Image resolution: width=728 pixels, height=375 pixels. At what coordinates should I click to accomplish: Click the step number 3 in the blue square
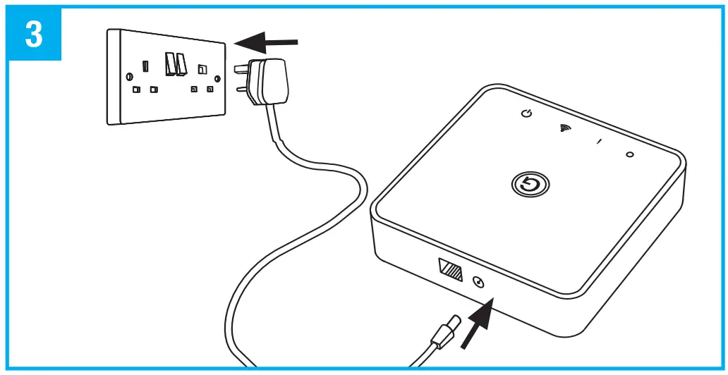pyautogui.click(x=34, y=34)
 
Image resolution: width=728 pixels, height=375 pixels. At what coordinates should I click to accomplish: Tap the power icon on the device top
pyautogui.click(x=526, y=113)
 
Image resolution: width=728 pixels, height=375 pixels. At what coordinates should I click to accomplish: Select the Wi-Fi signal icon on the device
pyautogui.click(x=565, y=128)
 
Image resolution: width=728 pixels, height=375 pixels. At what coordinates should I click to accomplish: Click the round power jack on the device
pyautogui.click(x=479, y=283)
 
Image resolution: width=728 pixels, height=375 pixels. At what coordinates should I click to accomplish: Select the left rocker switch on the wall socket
pyautogui.click(x=170, y=64)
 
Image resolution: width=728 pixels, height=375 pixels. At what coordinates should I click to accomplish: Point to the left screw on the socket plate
pyautogui.click(x=128, y=76)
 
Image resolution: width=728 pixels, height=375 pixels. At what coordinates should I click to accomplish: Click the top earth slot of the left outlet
pyautogui.click(x=145, y=66)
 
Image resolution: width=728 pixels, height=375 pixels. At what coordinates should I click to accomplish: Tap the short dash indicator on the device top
pyautogui.click(x=598, y=142)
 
